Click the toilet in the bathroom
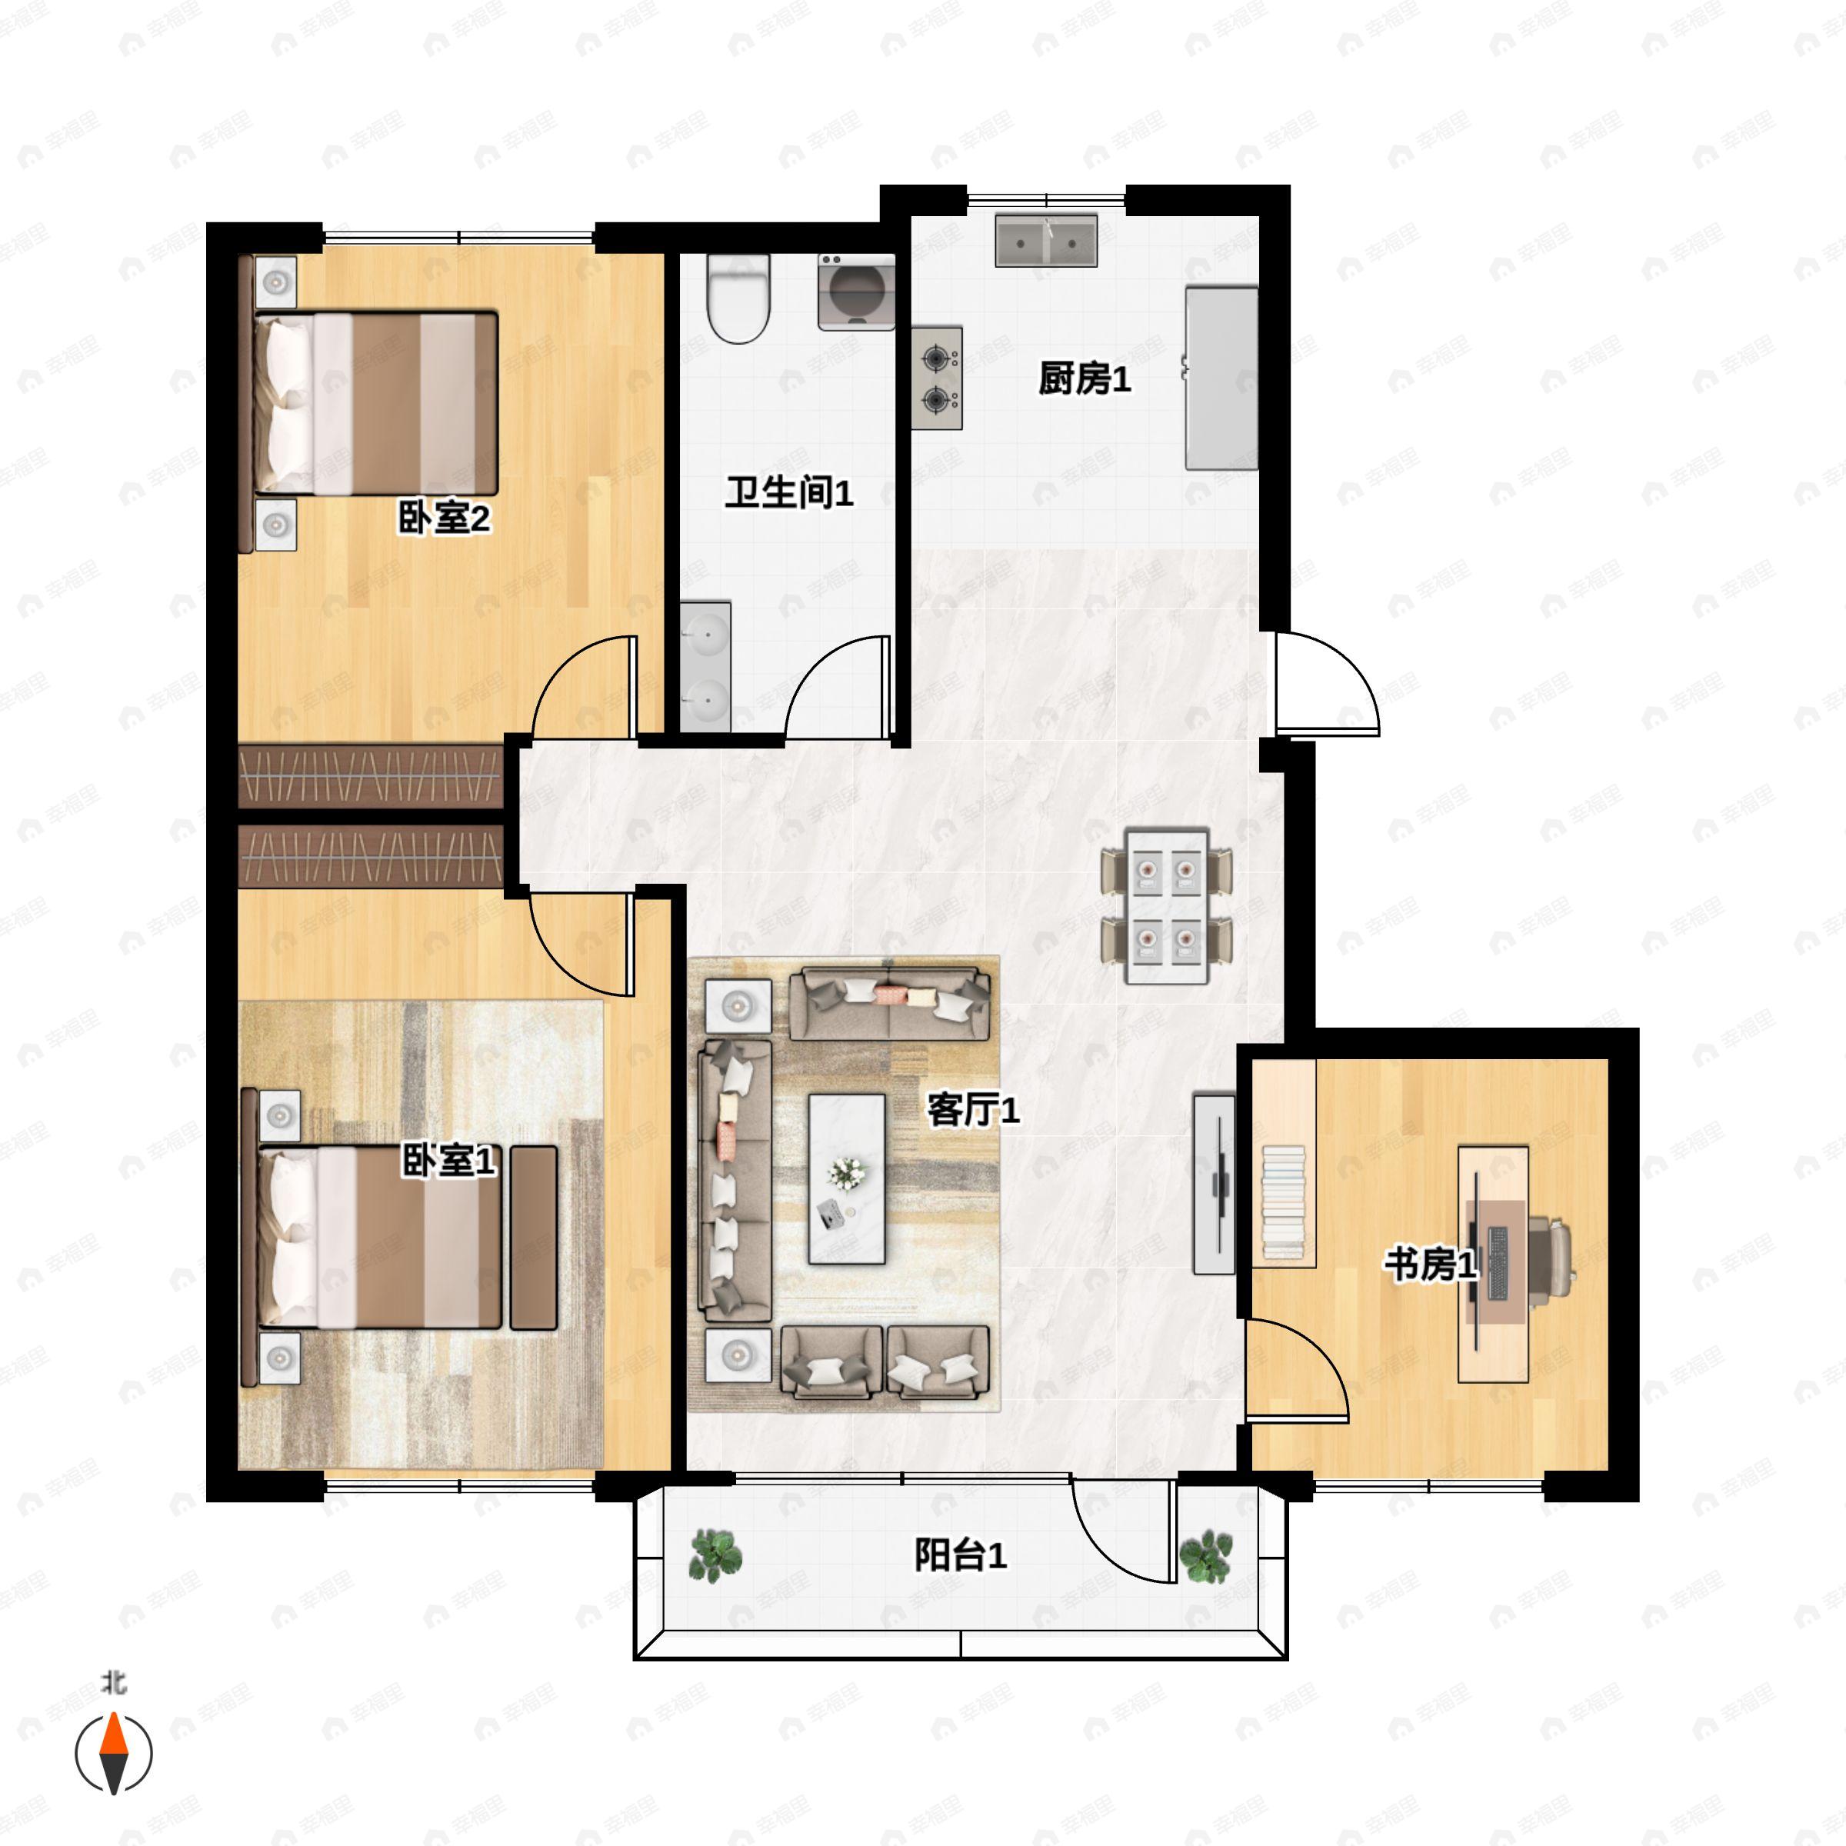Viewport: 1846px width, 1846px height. [x=738, y=299]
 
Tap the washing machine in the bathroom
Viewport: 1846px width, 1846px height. [x=856, y=292]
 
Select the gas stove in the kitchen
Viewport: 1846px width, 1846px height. [x=938, y=378]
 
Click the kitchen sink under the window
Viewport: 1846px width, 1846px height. [x=1046, y=240]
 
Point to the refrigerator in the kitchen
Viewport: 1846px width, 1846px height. [x=1222, y=378]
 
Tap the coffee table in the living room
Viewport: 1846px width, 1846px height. [x=847, y=1179]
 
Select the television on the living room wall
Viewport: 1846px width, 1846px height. [x=1215, y=1184]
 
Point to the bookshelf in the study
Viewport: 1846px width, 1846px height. [x=1285, y=1163]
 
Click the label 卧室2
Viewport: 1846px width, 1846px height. [x=445, y=519]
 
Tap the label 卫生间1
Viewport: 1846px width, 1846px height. [x=789, y=493]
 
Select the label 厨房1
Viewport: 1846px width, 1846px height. [x=1085, y=379]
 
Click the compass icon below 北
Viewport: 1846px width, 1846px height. [x=114, y=1754]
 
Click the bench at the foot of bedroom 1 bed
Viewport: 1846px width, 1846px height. [x=534, y=1238]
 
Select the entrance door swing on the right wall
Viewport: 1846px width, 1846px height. [x=1328, y=683]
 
